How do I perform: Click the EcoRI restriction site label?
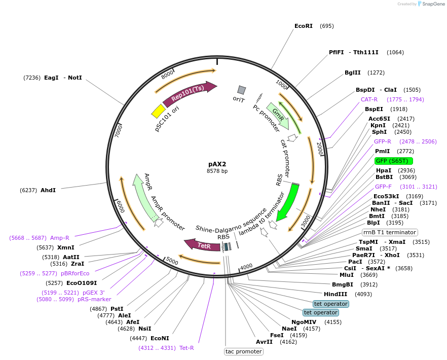click(304, 26)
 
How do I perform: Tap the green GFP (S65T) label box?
click(394, 161)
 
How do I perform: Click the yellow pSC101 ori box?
click(159, 111)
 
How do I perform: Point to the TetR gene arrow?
click(202, 245)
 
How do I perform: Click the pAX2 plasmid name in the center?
click(217, 164)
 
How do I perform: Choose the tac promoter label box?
click(243, 351)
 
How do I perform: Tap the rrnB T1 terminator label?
click(389, 232)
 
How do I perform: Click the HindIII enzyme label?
click(336, 294)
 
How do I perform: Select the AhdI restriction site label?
click(48, 190)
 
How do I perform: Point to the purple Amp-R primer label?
click(60, 237)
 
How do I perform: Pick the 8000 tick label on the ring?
click(167, 75)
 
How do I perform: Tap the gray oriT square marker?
click(242, 90)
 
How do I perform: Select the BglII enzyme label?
click(353, 73)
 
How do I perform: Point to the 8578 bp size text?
click(217, 171)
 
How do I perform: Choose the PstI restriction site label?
click(117, 309)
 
